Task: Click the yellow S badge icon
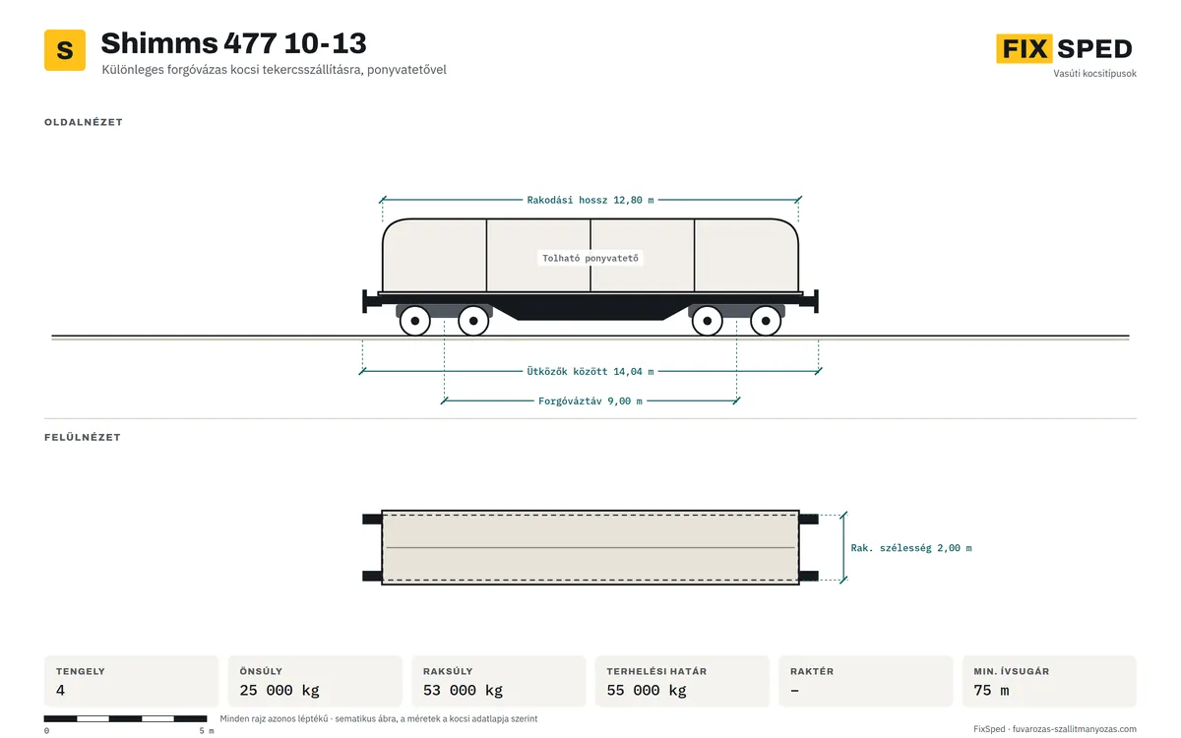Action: (x=65, y=50)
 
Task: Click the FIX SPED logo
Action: (x=1064, y=48)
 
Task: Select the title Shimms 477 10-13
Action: (x=233, y=43)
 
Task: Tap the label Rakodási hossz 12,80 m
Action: (x=590, y=201)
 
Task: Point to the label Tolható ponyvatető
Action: (x=590, y=258)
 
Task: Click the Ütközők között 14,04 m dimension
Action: (x=590, y=372)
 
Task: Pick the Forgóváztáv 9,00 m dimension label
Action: (x=590, y=401)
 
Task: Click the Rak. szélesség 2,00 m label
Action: (x=911, y=548)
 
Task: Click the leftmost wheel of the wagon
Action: (x=415, y=321)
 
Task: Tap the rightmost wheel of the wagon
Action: (x=766, y=321)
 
